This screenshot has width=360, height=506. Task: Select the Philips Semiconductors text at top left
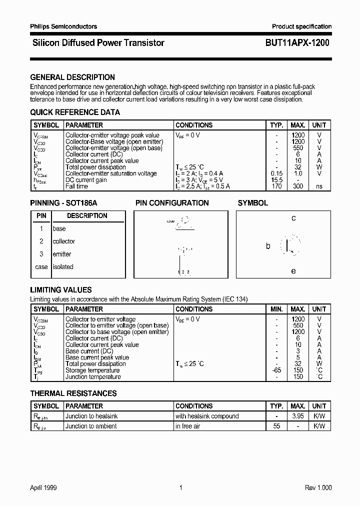[x=63, y=26]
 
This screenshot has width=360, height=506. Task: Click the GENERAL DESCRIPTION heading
[x=72, y=77]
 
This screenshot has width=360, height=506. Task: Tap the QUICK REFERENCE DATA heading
[x=75, y=112]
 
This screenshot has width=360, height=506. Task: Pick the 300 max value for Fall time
[x=298, y=186]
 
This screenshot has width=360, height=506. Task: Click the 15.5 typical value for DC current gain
[x=276, y=180]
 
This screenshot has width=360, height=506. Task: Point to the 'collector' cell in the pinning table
[x=64, y=241]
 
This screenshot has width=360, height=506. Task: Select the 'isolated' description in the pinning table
[x=63, y=267]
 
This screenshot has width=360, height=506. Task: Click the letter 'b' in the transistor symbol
[x=268, y=246]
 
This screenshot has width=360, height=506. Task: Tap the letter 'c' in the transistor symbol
[x=293, y=218]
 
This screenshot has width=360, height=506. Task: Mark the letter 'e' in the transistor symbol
[x=293, y=271]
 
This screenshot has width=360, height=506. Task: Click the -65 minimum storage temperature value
[x=276, y=370]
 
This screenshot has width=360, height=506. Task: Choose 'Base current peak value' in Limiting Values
[x=97, y=357]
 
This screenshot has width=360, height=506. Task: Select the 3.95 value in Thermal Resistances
[x=298, y=416]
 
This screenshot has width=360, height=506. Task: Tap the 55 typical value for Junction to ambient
[x=276, y=426]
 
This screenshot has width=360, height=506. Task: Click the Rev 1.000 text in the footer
[x=318, y=488]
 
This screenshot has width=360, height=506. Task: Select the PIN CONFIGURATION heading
[x=172, y=203]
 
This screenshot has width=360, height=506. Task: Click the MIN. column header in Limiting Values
[x=276, y=309]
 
